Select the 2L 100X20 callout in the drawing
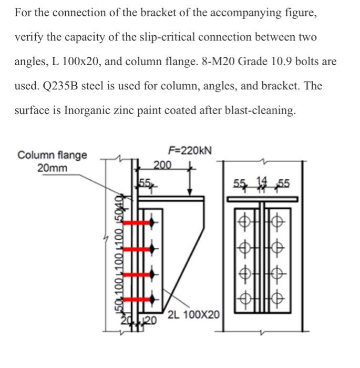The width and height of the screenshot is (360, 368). coord(194,316)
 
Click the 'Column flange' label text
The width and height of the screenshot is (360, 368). coord(52,155)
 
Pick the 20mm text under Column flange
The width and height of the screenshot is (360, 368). coord(52,168)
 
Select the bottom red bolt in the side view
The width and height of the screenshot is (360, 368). coord(138,298)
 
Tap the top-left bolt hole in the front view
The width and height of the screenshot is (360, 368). coord(243,221)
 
